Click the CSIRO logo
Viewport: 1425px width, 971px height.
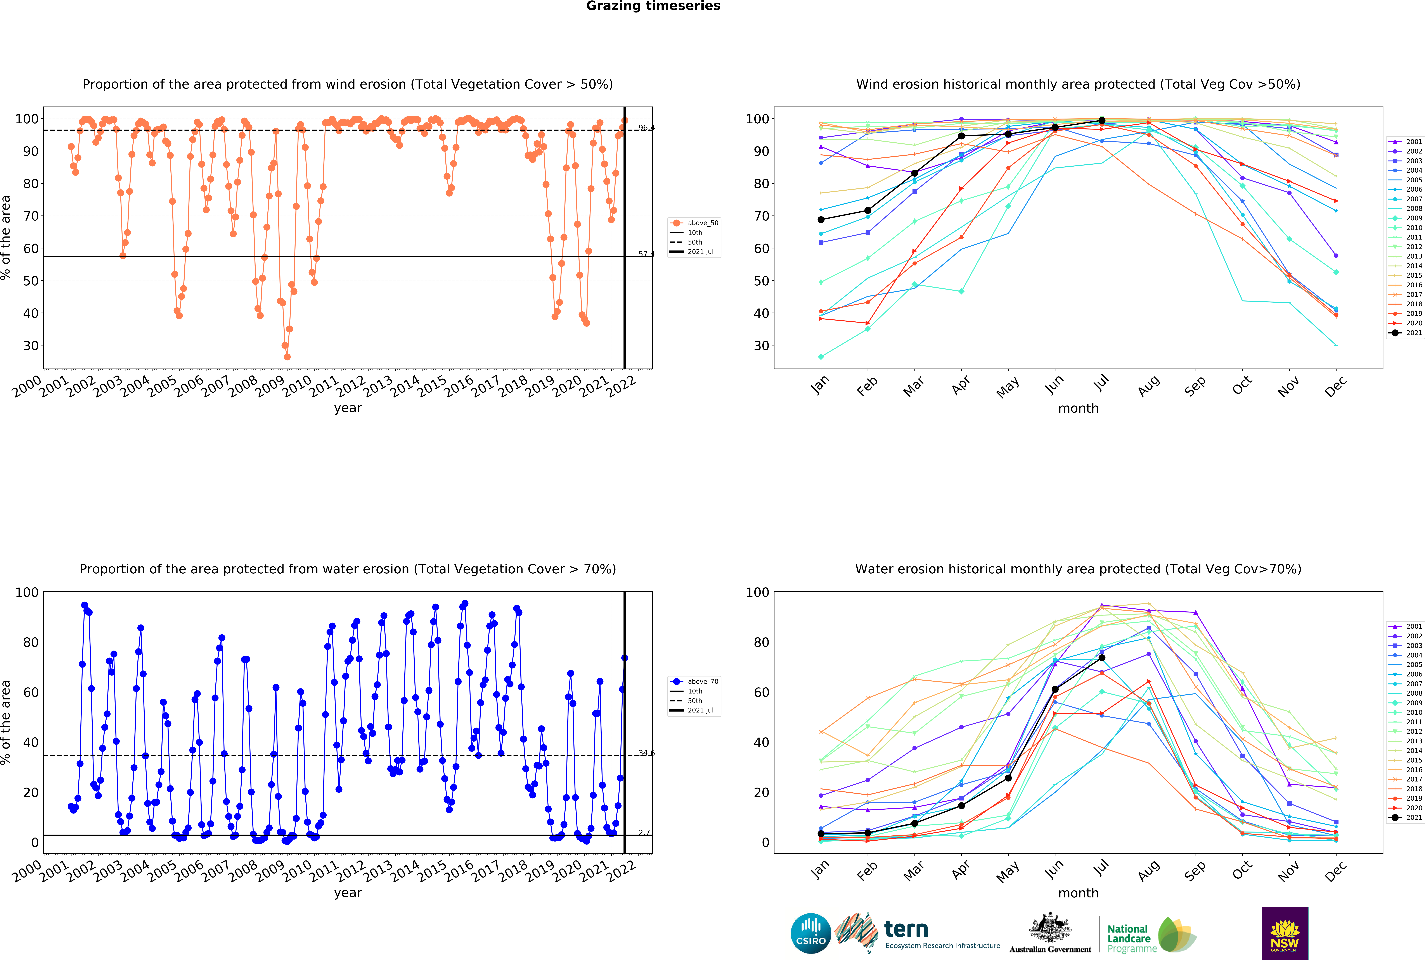[x=811, y=934]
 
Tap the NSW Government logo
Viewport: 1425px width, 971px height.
[x=1285, y=933]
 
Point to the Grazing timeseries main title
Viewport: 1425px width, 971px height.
[x=653, y=6]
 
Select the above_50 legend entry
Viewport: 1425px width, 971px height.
[x=695, y=223]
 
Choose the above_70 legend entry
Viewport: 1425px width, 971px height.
[x=695, y=682]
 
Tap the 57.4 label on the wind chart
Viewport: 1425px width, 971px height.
[x=646, y=254]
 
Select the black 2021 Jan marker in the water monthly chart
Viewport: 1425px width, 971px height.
[x=821, y=834]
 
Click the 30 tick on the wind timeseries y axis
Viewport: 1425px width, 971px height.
[x=31, y=346]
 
